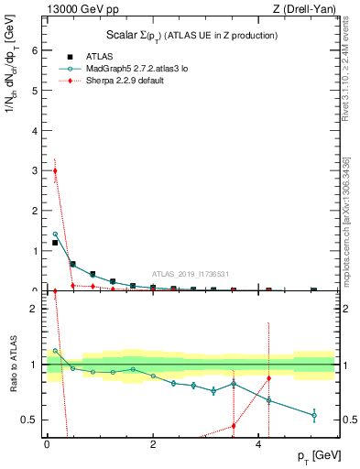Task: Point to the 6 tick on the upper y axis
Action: click(37, 51)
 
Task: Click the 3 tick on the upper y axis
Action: click(37, 171)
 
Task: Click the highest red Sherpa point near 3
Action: click(55, 170)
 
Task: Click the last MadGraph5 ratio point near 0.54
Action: click(314, 416)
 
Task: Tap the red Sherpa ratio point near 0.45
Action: click(234, 426)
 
